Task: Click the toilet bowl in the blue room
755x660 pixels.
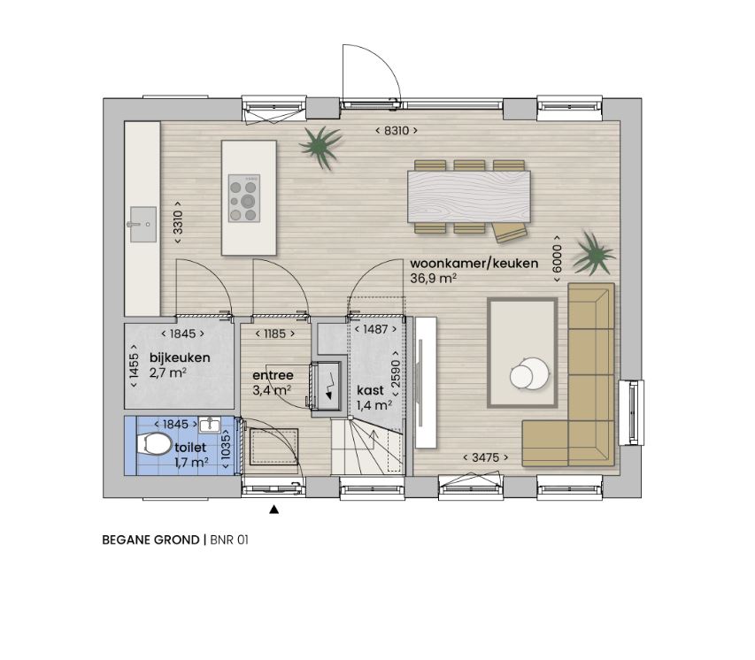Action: [x=154, y=443]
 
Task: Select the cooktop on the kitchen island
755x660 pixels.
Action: [x=244, y=198]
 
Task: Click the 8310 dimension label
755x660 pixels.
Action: [x=397, y=130]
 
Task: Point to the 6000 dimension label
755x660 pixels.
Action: [x=557, y=258]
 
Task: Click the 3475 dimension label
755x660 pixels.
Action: [x=485, y=457]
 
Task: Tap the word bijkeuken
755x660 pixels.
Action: [x=180, y=357]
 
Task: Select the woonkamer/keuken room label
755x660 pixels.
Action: [x=474, y=264]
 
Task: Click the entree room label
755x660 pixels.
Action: [x=273, y=375]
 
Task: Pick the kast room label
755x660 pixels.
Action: [x=370, y=390]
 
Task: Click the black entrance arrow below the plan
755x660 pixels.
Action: [x=274, y=510]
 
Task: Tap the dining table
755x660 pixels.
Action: [x=469, y=196]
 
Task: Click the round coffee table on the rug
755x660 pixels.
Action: [x=529, y=372]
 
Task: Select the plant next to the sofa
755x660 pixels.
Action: [x=594, y=254]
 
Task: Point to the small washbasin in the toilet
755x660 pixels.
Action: [x=209, y=425]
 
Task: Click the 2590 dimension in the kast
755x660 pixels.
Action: [x=396, y=373]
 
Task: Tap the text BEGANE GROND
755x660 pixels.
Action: [x=150, y=541]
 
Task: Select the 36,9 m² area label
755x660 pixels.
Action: [x=434, y=279]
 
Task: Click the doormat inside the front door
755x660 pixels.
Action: [x=273, y=447]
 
